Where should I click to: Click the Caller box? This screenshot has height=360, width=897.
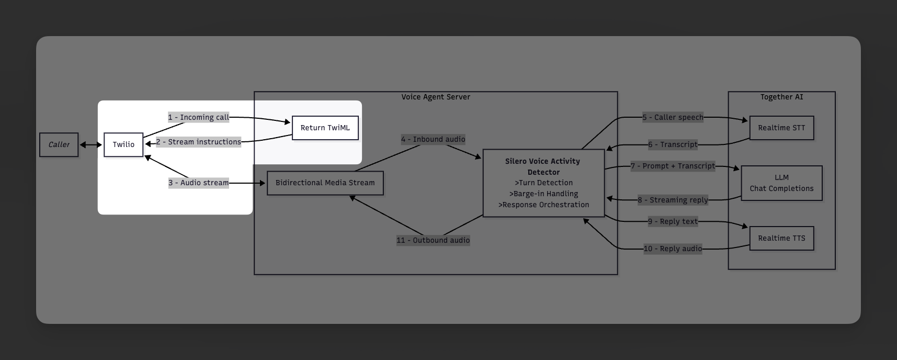click(x=59, y=145)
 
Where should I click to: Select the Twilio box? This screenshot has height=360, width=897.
click(x=123, y=145)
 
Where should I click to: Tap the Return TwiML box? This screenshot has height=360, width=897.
click(x=325, y=128)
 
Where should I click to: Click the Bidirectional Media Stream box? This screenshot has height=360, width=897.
click(x=325, y=183)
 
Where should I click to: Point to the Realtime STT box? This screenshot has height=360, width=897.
click(x=781, y=128)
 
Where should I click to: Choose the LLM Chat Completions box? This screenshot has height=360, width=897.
click(x=781, y=183)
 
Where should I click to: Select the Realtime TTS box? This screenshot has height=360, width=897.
click(x=781, y=239)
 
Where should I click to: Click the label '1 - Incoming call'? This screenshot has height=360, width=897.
click(x=198, y=117)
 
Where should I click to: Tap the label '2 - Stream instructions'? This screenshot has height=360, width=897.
click(x=198, y=142)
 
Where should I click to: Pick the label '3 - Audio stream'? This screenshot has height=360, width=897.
click(x=198, y=183)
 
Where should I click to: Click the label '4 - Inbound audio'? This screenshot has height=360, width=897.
click(x=433, y=139)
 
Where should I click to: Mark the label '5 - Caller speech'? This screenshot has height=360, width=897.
click(x=673, y=117)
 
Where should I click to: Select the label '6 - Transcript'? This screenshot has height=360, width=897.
click(x=673, y=144)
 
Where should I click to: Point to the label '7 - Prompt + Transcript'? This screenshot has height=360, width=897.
click(x=673, y=166)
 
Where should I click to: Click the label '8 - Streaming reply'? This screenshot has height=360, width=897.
click(x=673, y=200)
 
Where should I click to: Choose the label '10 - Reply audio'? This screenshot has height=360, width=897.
click(x=673, y=249)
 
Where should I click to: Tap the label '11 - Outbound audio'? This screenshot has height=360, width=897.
click(x=433, y=240)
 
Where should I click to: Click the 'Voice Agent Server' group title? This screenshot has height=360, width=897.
click(x=436, y=97)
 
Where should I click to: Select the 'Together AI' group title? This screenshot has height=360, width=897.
click(x=781, y=97)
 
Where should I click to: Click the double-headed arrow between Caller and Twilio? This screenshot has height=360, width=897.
click(x=91, y=145)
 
